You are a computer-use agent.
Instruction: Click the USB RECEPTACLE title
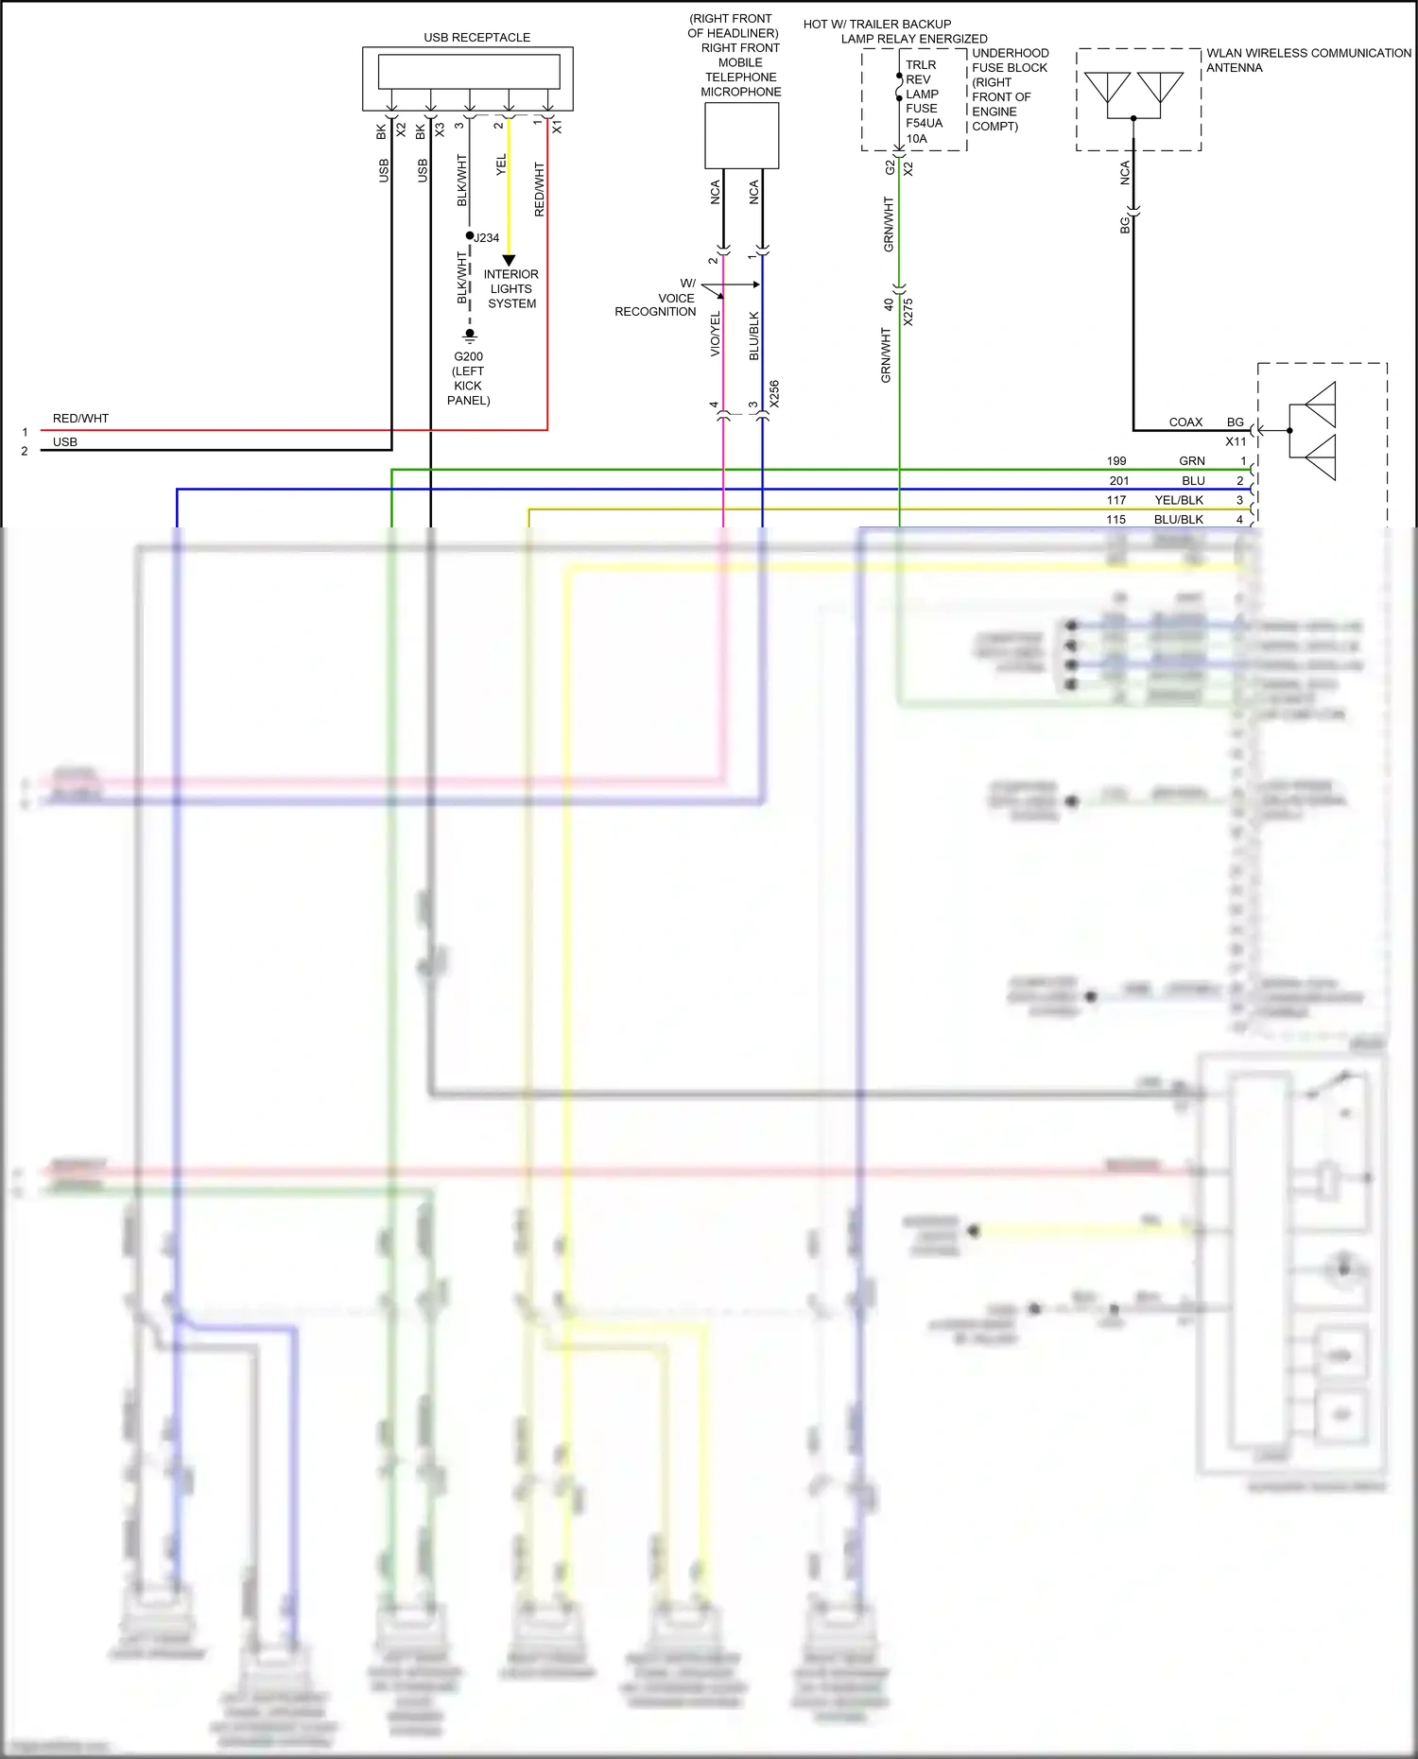click(x=476, y=38)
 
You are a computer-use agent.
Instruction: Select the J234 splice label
click(x=486, y=238)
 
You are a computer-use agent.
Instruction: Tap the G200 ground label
click(x=468, y=357)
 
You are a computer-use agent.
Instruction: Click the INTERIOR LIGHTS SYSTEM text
click(x=511, y=289)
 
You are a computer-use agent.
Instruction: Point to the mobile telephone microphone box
click(x=741, y=136)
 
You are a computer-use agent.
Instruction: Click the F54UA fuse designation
click(x=924, y=124)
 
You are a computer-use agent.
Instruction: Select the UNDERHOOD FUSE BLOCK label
click(x=1010, y=60)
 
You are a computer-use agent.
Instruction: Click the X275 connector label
click(x=908, y=312)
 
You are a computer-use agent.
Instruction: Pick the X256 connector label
click(x=774, y=394)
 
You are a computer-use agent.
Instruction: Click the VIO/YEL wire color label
click(x=716, y=334)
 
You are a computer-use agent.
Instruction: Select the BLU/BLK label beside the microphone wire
click(x=754, y=336)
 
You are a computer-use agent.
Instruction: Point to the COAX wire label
click(x=1185, y=423)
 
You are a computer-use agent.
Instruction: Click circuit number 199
click(x=1116, y=461)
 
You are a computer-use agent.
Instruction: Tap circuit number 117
click(x=1116, y=500)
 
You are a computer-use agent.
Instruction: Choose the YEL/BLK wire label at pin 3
click(x=1179, y=500)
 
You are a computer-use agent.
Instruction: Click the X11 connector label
click(x=1236, y=441)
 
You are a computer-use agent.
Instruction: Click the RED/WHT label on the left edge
click(x=80, y=419)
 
